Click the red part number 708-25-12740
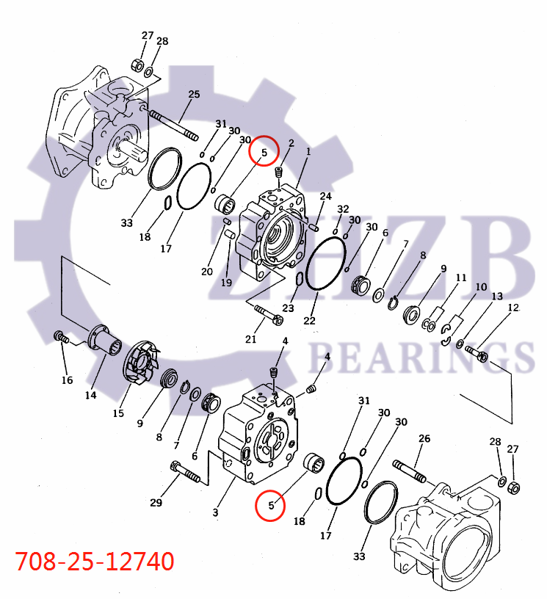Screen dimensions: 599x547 pos(95,562)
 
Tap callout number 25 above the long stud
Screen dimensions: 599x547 pos(194,94)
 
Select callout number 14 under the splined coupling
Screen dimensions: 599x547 pos(90,395)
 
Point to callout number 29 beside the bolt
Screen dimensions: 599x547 pos(156,502)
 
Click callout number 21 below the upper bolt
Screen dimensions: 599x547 pos(251,338)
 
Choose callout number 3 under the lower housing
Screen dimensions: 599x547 pos(215,512)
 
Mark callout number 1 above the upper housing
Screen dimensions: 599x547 pos(308,151)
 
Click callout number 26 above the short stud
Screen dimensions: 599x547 pos(424,439)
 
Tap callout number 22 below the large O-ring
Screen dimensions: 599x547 pos(309,321)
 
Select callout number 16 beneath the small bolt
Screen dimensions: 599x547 pos(67,380)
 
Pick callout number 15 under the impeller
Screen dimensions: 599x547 pos(118,413)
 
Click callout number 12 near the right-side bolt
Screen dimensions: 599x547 pos(512,308)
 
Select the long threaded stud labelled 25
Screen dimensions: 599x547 pos(174,125)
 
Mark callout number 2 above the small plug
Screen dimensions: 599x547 pos(291,142)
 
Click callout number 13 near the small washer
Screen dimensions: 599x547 pos(497,296)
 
